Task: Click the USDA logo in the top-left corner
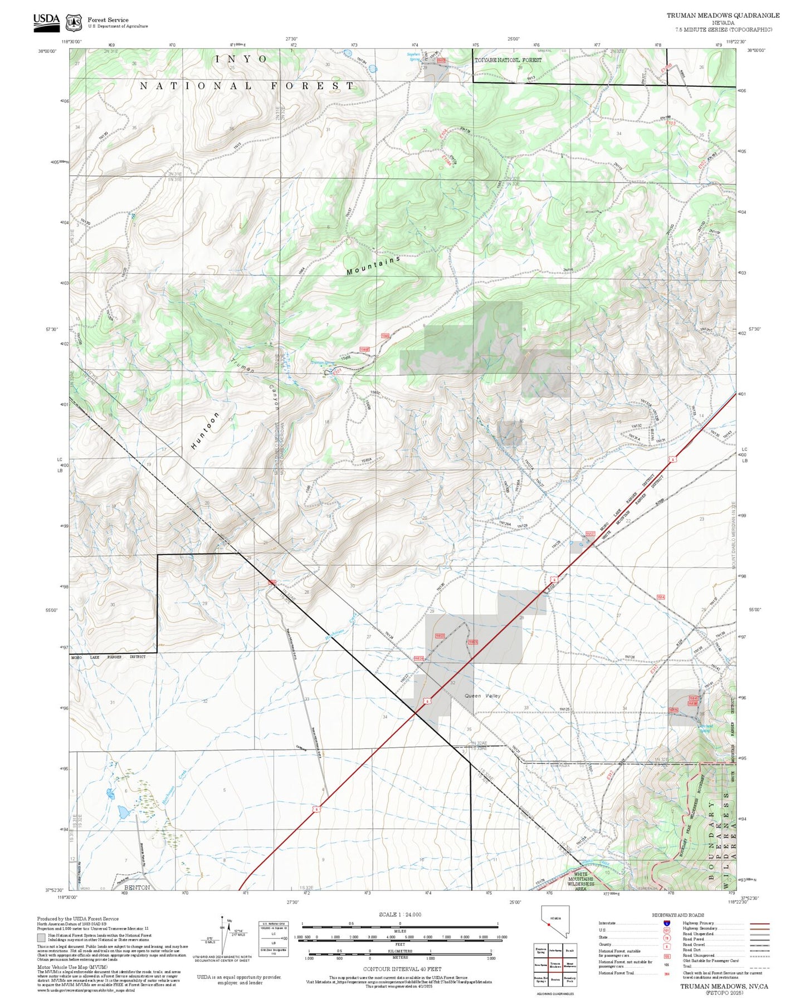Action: click(x=46, y=21)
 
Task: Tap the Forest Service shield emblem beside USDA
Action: click(x=74, y=23)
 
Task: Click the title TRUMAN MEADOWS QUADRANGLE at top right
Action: click(x=723, y=15)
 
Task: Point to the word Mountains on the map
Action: click(x=373, y=266)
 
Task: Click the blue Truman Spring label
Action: click(x=322, y=363)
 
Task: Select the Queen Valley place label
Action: click(x=482, y=696)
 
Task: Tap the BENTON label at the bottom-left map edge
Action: click(x=136, y=887)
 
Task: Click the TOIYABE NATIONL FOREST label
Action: click(x=508, y=60)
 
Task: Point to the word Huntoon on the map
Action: click(x=205, y=430)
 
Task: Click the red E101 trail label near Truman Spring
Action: click(x=336, y=373)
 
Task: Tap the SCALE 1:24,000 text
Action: click(x=399, y=914)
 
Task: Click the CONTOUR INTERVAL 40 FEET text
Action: click(x=399, y=969)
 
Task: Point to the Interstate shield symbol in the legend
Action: click(x=666, y=923)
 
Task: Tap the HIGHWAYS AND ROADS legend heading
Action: click(x=677, y=915)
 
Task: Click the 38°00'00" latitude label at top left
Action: click(x=48, y=51)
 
